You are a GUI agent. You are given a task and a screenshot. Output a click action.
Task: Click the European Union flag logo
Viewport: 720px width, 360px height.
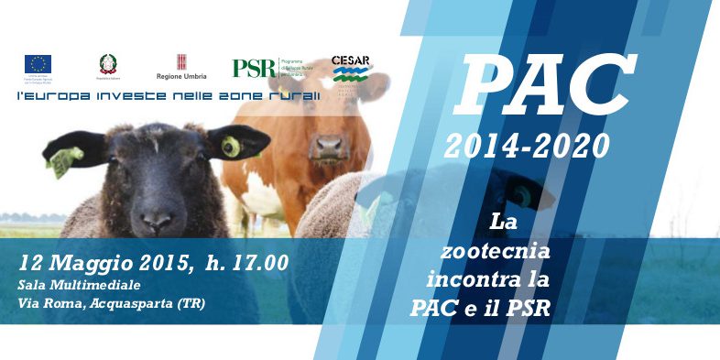38,63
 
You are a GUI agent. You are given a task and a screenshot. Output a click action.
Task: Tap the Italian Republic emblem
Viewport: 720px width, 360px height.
109,63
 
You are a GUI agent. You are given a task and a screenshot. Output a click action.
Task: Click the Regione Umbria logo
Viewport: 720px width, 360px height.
181,66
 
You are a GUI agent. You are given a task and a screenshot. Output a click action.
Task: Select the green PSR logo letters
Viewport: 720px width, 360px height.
254,68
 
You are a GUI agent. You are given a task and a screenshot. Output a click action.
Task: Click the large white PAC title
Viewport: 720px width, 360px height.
546,87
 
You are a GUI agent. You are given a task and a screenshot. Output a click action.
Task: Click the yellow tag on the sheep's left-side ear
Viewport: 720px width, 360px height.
62,160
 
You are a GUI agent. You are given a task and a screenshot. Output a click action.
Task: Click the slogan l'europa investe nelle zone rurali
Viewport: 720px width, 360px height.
169,95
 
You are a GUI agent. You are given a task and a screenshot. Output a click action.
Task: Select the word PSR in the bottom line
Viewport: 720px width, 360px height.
526,306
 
